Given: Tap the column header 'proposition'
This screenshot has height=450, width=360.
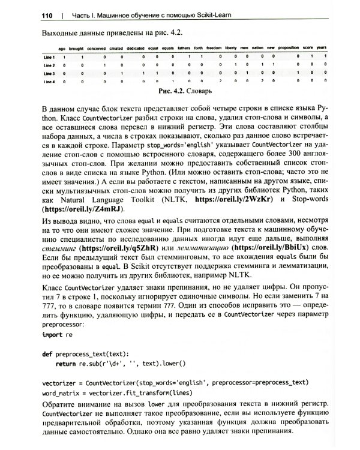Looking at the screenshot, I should [288, 47].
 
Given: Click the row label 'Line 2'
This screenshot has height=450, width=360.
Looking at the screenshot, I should [45, 64].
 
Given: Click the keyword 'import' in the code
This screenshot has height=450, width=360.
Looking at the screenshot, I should [53, 335].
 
